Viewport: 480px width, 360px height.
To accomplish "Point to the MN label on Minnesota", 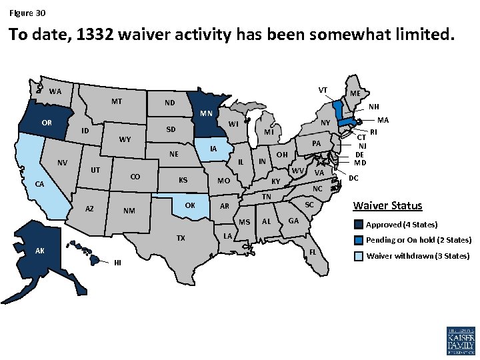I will [206, 113].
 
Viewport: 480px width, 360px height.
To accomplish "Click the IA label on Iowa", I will [213, 149].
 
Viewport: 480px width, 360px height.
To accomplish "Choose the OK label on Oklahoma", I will [190, 205].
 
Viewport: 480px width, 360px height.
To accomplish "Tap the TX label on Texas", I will [181, 239].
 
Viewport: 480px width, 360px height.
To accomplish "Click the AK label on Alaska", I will [40, 251].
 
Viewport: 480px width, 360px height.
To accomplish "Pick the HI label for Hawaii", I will [117, 262].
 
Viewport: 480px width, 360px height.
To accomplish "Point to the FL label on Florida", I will [313, 252].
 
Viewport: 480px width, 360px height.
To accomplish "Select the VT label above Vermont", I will [323, 89].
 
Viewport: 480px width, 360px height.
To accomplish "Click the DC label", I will [354, 178].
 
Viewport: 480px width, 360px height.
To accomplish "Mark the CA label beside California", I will [40, 184].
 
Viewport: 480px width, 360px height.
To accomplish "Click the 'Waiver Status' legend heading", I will [387, 205].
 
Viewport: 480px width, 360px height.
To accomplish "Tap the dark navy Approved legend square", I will [359, 224].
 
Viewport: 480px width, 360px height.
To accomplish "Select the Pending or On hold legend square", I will [359, 240].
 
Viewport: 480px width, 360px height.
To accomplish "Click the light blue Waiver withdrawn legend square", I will [359, 256].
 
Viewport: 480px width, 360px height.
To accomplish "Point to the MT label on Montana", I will [117, 102].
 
